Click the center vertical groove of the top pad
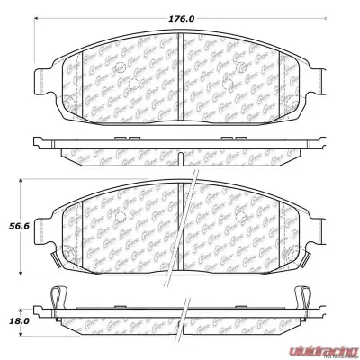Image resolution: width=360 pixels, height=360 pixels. (181, 72)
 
